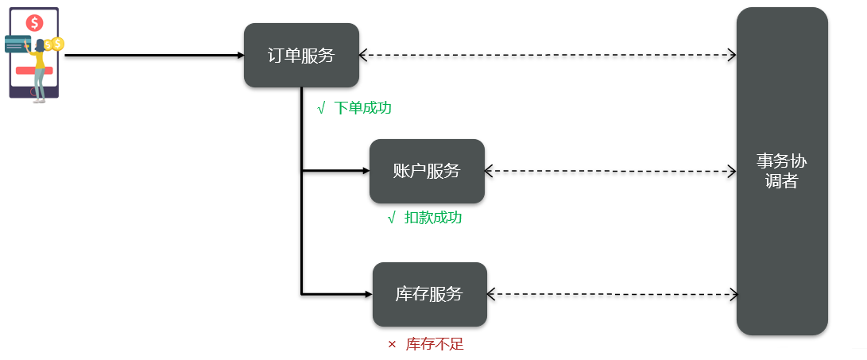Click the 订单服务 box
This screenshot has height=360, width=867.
click(x=301, y=56)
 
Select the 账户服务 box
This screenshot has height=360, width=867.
click(x=427, y=171)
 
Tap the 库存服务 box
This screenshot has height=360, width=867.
click(x=429, y=294)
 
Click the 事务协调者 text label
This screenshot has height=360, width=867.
click(x=781, y=171)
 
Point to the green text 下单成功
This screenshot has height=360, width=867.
click(x=363, y=108)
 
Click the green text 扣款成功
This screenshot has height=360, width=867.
click(x=433, y=218)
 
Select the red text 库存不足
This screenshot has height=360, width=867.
click(x=435, y=344)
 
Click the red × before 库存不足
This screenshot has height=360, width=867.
click(x=392, y=345)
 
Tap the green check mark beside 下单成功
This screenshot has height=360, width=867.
click(x=321, y=108)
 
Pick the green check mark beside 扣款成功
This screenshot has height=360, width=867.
click(x=391, y=218)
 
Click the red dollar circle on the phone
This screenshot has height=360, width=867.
click(x=34, y=22)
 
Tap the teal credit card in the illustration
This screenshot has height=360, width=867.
click(x=17, y=45)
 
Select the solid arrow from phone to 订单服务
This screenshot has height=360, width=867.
click(x=151, y=56)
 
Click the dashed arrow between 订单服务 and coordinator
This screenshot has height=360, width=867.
click(x=547, y=56)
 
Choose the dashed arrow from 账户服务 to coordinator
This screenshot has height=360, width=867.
click(x=610, y=171)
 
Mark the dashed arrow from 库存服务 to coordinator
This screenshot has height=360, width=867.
click(x=612, y=294)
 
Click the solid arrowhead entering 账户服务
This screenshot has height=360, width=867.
click(x=365, y=171)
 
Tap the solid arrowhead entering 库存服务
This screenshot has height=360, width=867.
click(x=368, y=294)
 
